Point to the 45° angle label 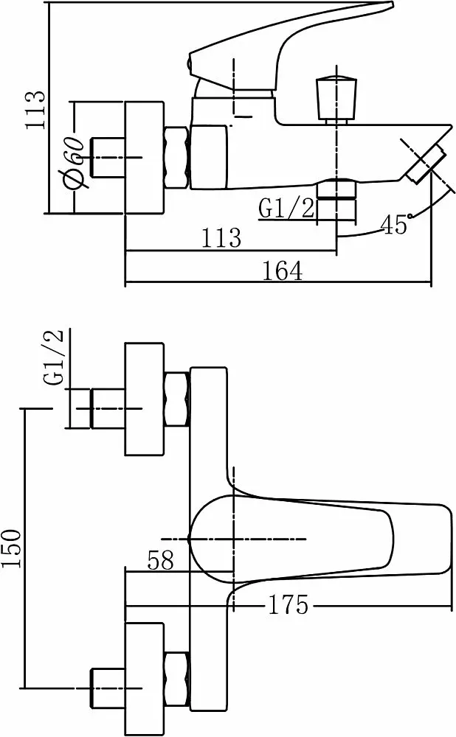coord(395,225)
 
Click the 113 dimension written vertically coord(34,110)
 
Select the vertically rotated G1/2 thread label coord(54,358)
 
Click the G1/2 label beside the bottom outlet coord(286,209)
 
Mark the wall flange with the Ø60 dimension coord(143,158)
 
